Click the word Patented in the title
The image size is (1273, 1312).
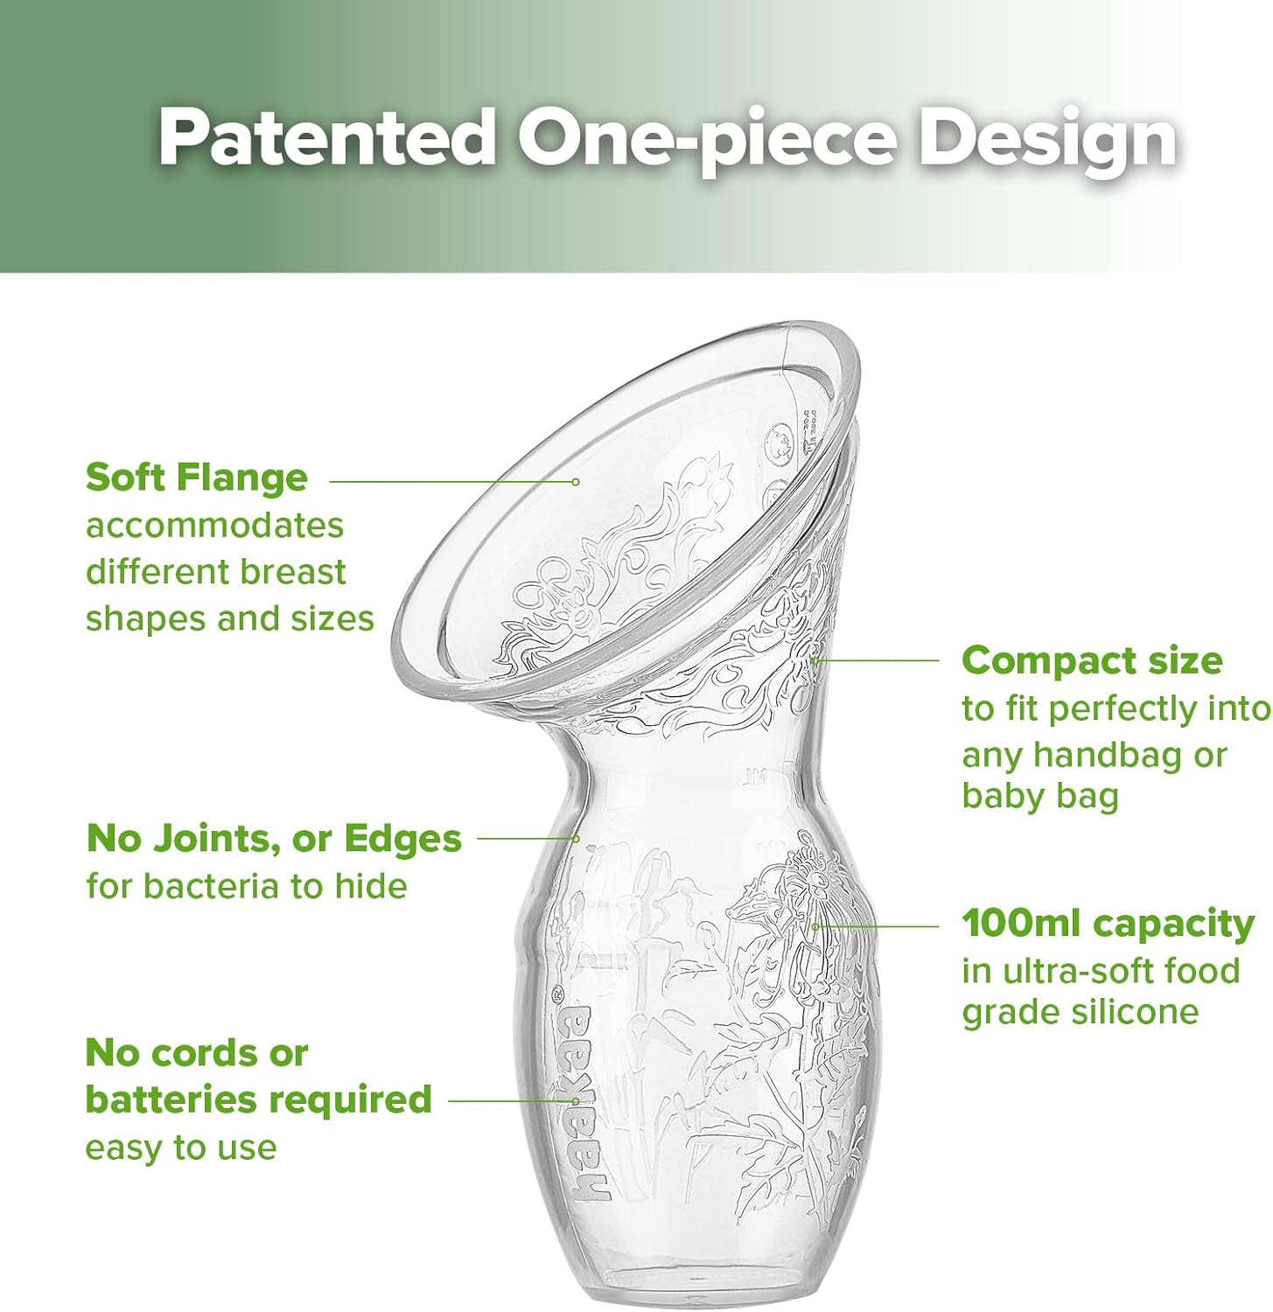point(327,138)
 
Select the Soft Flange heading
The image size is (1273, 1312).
point(197,478)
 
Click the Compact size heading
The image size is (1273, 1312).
point(1091,660)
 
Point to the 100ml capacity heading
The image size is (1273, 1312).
point(1108,924)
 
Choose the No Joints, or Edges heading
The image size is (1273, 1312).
point(273,838)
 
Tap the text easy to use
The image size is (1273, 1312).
point(180,1147)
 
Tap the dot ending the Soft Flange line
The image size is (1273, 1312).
point(576,481)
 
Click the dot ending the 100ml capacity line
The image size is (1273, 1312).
point(815,925)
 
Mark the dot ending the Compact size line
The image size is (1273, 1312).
point(814,660)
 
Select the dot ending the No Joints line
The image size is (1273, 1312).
point(577,838)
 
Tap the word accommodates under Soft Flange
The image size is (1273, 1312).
point(214,526)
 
